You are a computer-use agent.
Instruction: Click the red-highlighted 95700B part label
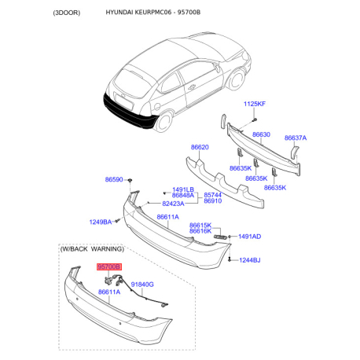[x=109, y=266]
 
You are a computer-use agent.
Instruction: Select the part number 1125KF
[x=255, y=104]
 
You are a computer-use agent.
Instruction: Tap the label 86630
[x=261, y=134]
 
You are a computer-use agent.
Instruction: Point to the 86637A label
[x=296, y=138]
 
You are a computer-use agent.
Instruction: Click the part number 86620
[x=200, y=147]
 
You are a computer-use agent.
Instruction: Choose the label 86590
[x=114, y=179]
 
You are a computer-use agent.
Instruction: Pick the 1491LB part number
[x=183, y=189]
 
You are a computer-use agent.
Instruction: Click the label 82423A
[x=173, y=204]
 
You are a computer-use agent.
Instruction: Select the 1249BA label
[x=101, y=222]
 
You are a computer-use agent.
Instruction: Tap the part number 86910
[x=213, y=201]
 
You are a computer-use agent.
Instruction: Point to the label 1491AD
[x=249, y=237]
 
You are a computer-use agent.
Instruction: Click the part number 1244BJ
[x=250, y=260]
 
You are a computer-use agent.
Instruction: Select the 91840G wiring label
[x=142, y=285]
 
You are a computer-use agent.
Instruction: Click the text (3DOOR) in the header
[x=67, y=13]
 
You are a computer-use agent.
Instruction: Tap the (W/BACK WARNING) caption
[x=92, y=248]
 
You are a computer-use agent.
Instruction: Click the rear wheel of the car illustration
[x=163, y=121]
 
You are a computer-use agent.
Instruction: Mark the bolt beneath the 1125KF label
[x=254, y=120]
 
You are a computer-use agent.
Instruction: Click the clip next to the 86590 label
[x=130, y=180]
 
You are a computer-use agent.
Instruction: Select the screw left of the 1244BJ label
[x=230, y=260]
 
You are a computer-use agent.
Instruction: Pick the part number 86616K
[x=200, y=231]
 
